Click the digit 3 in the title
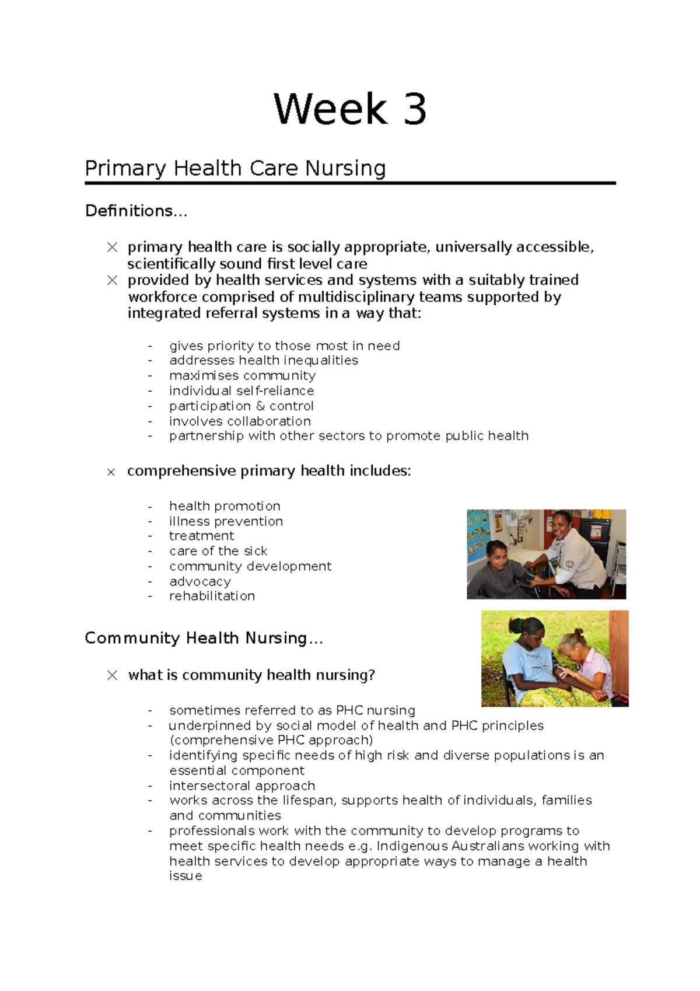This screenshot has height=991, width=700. click(x=415, y=110)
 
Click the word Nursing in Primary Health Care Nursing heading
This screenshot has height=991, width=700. click(x=345, y=169)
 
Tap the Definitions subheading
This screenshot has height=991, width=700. click(x=136, y=211)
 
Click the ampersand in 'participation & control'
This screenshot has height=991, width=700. click(x=260, y=406)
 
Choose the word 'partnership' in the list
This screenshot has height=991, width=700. click(x=206, y=436)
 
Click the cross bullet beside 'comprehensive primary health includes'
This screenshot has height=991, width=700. click(x=111, y=472)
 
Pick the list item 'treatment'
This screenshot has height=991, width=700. click(x=201, y=536)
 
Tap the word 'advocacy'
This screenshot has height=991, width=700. click(x=199, y=581)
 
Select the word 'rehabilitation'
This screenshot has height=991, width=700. click(x=212, y=596)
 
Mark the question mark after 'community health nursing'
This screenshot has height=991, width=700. click(x=371, y=675)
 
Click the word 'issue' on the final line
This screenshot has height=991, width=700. click(x=185, y=876)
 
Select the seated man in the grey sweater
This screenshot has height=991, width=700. click(x=496, y=569)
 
